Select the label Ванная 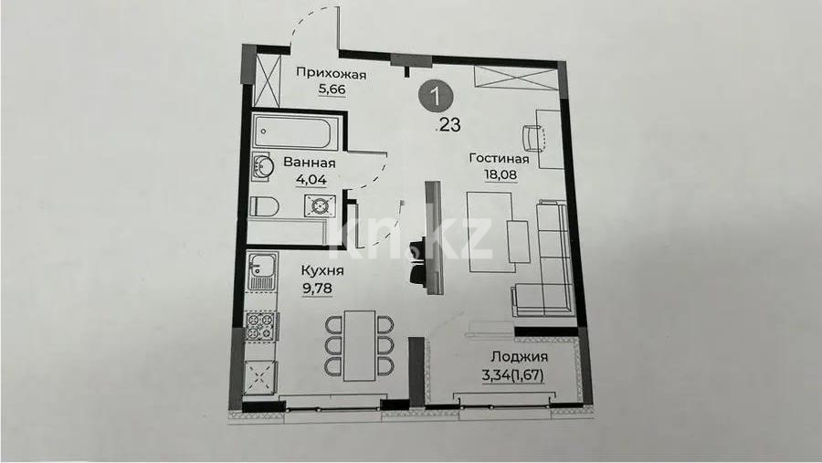310,163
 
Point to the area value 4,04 310,179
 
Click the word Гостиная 500,158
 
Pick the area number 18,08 500,174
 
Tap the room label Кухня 321,270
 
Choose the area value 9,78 321,287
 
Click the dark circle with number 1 439,95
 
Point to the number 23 449,126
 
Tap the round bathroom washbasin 262,168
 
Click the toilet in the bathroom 262,205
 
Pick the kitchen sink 263,270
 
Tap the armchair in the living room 533,138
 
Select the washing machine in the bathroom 319,207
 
